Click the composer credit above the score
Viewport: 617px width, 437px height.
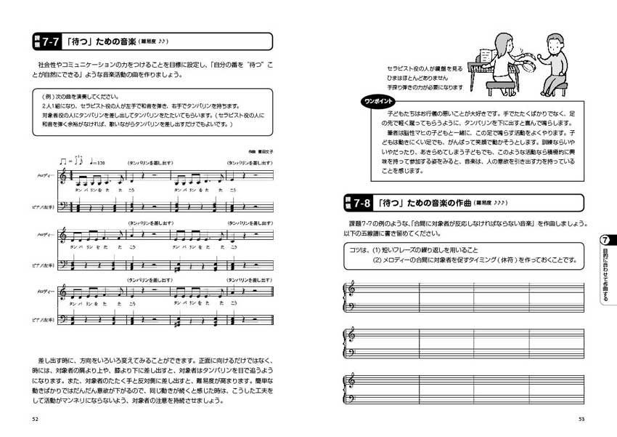tap(247, 151)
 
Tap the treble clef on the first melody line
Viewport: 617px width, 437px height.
tap(63, 175)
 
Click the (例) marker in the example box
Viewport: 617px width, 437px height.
tap(41, 95)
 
